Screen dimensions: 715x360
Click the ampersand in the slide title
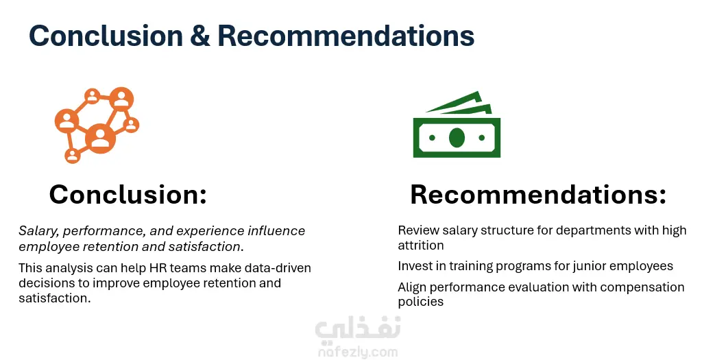[x=199, y=36]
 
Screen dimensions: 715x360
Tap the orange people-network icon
[x=97, y=125]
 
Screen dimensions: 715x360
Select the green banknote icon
[x=457, y=125]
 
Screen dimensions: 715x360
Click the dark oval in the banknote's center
[x=457, y=137]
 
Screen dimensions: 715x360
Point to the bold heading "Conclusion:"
[x=128, y=194]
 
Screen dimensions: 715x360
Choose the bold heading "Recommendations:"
[x=538, y=194]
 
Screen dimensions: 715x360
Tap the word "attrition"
[x=420, y=245]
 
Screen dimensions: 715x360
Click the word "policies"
[x=420, y=302]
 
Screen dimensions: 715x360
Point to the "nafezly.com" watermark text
[x=358, y=352]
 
